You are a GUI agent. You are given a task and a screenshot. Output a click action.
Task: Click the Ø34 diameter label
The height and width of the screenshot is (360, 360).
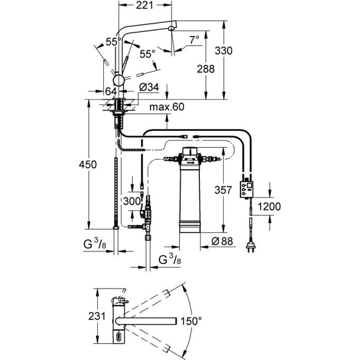click(148, 88)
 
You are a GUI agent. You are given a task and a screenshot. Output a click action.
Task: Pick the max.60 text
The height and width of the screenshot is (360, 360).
click(167, 107)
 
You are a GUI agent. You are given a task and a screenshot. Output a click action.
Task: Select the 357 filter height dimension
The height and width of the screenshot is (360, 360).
click(223, 190)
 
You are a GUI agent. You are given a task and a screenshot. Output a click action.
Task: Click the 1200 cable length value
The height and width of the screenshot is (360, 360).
click(269, 206)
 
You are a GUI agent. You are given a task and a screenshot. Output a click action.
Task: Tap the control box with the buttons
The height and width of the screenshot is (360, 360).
click(247, 189)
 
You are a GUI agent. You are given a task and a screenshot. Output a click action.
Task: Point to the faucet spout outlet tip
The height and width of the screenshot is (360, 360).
click(173, 28)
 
